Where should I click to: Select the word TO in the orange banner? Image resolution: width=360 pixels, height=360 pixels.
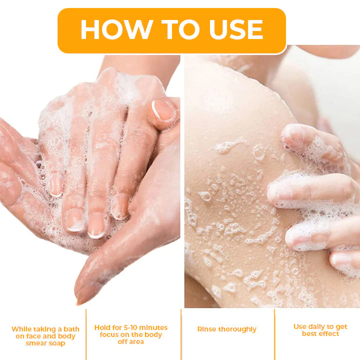[172, 30]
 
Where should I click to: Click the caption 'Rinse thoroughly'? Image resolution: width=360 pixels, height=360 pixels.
[227, 329]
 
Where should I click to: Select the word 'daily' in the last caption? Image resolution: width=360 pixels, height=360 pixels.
[320, 326]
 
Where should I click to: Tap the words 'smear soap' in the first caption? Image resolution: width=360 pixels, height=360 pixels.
[45, 343]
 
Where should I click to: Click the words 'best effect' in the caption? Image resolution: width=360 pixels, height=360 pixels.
[320, 333]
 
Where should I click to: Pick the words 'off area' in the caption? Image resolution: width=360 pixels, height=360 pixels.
[131, 341]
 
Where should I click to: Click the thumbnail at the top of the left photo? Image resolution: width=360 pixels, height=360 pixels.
[163, 110]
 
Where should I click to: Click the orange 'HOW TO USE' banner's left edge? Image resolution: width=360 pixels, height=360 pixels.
[59, 30]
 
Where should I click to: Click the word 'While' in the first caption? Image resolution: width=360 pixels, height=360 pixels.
[21, 329]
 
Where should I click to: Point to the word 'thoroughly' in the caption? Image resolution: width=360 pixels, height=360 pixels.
[237, 329]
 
